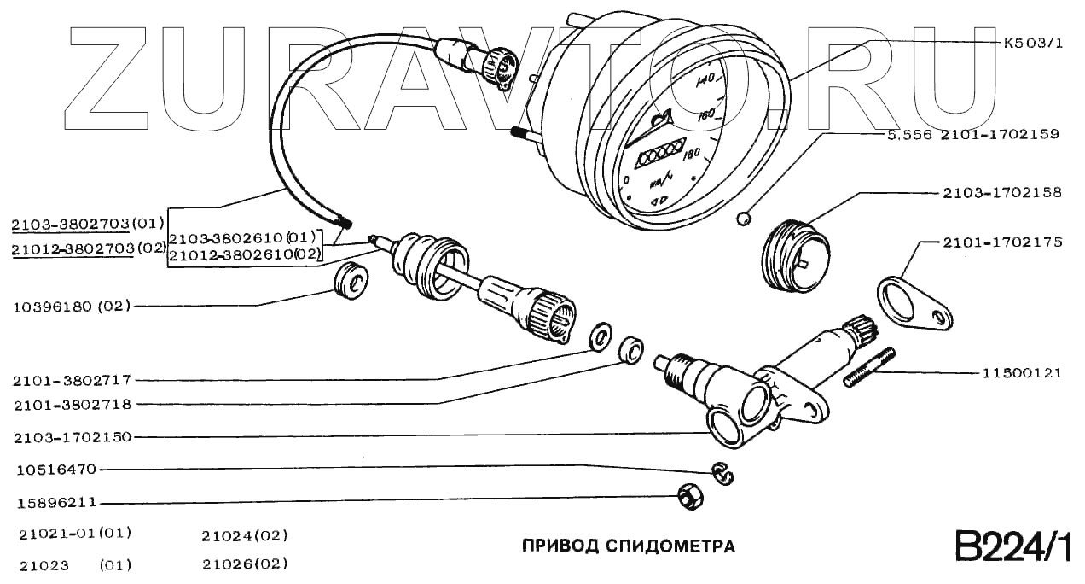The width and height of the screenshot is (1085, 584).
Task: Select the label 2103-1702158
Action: pos(1002,193)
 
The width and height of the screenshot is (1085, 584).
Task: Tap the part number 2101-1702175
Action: pos(1002,242)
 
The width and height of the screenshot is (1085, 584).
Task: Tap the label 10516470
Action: pos(56,470)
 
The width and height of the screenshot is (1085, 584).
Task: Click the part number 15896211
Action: pos(56,503)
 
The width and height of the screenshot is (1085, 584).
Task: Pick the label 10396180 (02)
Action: pos(71,306)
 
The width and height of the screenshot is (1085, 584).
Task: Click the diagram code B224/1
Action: pos(1011,546)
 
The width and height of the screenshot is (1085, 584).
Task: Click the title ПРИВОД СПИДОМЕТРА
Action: pos(628,546)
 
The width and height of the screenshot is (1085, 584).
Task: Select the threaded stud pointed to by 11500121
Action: pos(870,366)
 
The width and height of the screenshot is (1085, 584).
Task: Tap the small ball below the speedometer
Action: pos(744,219)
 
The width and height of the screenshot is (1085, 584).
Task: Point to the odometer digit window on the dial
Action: pos(659,154)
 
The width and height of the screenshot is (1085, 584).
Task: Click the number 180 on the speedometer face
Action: pos(690,153)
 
